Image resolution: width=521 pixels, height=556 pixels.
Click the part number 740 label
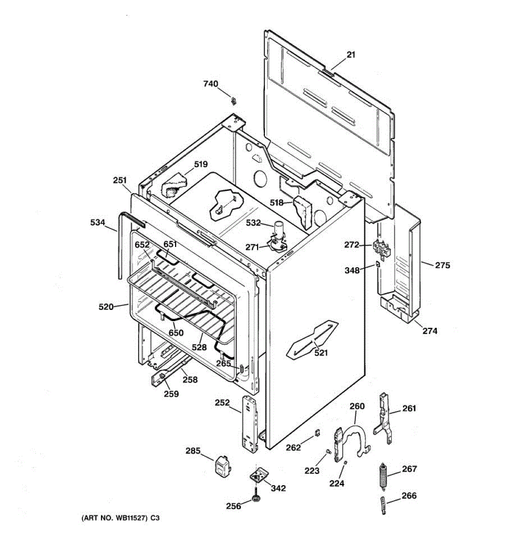pyautogui.click(x=210, y=84)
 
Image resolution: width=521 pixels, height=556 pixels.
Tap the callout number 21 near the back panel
pyautogui.click(x=351, y=55)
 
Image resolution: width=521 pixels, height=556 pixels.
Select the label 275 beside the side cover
pyautogui.click(x=442, y=265)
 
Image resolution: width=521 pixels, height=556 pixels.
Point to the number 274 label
pyautogui.click(x=430, y=331)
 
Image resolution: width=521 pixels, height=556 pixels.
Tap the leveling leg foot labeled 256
pyautogui.click(x=255, y=499)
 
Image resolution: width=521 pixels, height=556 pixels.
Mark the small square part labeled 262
pyautogui.click(x=317, y=433)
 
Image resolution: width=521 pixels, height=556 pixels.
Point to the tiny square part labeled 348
pyautogui.click(x=378, y=264)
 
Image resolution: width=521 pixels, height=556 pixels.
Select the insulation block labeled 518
pyautogui.click(x=303, y=211)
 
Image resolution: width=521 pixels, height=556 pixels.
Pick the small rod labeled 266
pyautogui.click(x=383, y=505)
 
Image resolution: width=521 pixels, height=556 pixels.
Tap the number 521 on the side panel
pyautogui.click(x=321, y=353)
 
